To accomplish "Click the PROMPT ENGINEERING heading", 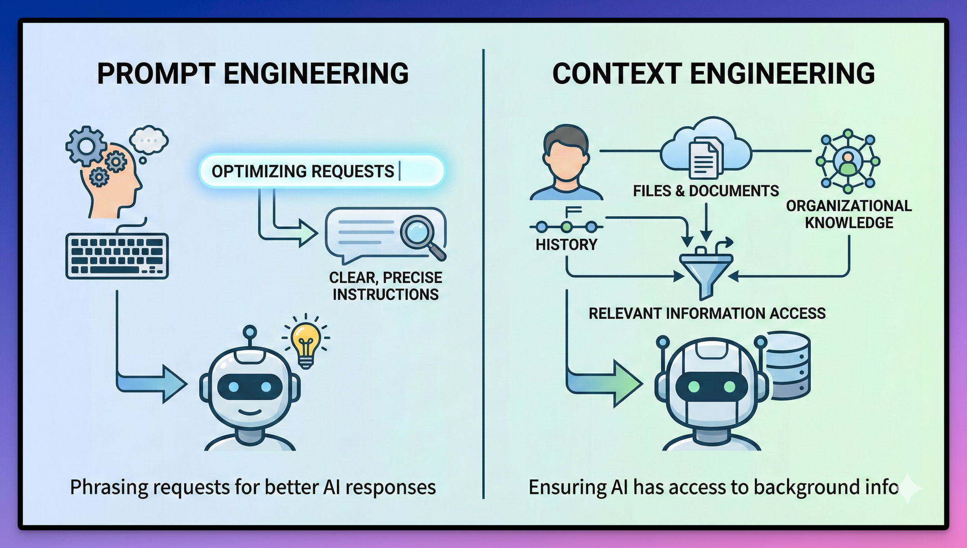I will (x=253, y=74).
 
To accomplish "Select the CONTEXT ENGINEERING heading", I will (x=713, y=74).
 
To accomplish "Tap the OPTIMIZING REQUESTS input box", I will (x=321, y=171).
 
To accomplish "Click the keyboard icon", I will (x=117, y=256).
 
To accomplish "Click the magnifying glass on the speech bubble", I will (x=419, y=232).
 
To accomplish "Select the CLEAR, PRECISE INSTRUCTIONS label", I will (x=385, y=286).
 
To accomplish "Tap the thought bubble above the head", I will (x=149, y=140).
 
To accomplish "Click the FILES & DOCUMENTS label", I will (x=706, y=191).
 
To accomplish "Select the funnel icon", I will (x=706, y=271).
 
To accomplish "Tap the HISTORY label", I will (x=566, y=245).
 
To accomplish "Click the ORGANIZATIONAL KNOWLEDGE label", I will (x=849, y=214).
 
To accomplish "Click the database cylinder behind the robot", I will (x=788, y=365).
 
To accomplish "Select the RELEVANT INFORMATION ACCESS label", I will (x=707, y=313).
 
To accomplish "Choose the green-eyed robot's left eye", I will (x=693, y=387).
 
